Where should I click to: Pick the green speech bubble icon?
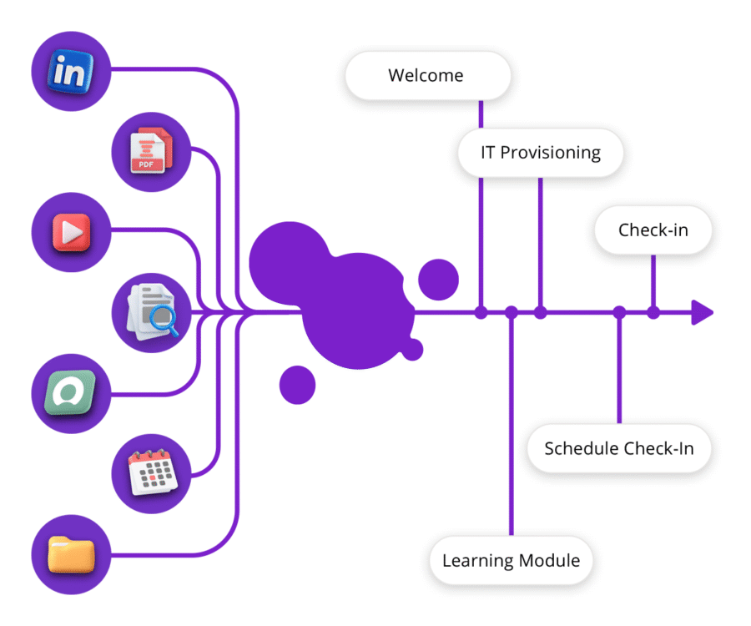pyautogui.click(x=70, y=393)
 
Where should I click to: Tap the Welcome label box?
pyautogui.click(x=426, y=76)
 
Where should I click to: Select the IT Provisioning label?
pyautogui.click(x=540, y=153)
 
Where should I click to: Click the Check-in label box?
pyautogui.click(x=653, y=230)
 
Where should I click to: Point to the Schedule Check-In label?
pyautogui.click(x=618, y=448)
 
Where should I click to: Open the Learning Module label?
pyautogui.click(x=511, y=560)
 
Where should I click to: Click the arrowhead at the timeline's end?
pyautogui.click(x=703, y=313)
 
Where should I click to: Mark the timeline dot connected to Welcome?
pyautogui.click(x=481, y=313)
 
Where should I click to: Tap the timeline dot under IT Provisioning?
pyautogui.click(x=540, y=313)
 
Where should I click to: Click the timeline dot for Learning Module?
pyautogui.click(x=512, y=313)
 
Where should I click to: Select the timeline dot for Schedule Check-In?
pyautogui.click(x=619, y=313)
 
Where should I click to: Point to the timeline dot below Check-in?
pyautogui.click(x=653, y=313)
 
